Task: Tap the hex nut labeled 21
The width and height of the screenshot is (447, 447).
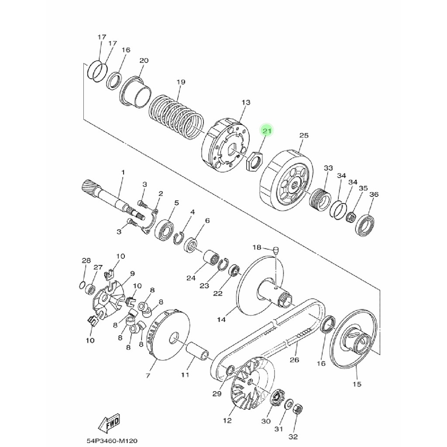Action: tap(254, 161)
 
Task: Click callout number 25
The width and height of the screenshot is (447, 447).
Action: tap(304, 135)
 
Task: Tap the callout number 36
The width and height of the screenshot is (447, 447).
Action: tap(374, 194)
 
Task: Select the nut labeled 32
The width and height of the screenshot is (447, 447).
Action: tap(297, 409)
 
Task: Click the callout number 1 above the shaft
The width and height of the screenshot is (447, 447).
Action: tap(123, 172)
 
